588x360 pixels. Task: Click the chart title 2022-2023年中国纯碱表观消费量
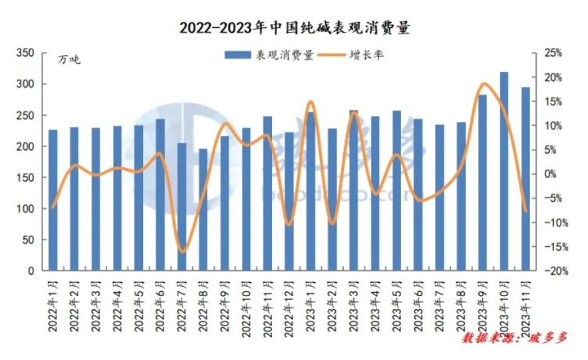pyautogui.click(x=295, y=28)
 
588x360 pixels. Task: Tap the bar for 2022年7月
pyautogui.click(x=182, y=207)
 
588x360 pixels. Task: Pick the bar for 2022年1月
pyautogui.click(x=53, y=200)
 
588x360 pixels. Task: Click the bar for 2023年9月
pyautogui.click(x=482, y=183)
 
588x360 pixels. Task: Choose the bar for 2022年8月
pyautogui.click(x=203, y=210)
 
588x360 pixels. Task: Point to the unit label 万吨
pyautogui.click(x=69, y=61)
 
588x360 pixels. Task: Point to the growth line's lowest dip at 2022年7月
pyautogui.click(x=183, y=252)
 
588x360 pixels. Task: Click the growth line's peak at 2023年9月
pyautogui.click(x=484, y=83)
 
